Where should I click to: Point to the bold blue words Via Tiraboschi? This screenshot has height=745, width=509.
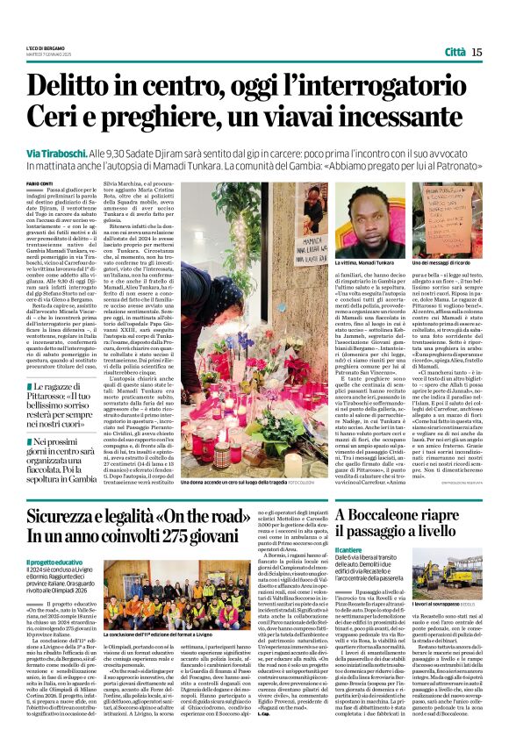point(54,152)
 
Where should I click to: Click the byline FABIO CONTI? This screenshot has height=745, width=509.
point(39,183)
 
